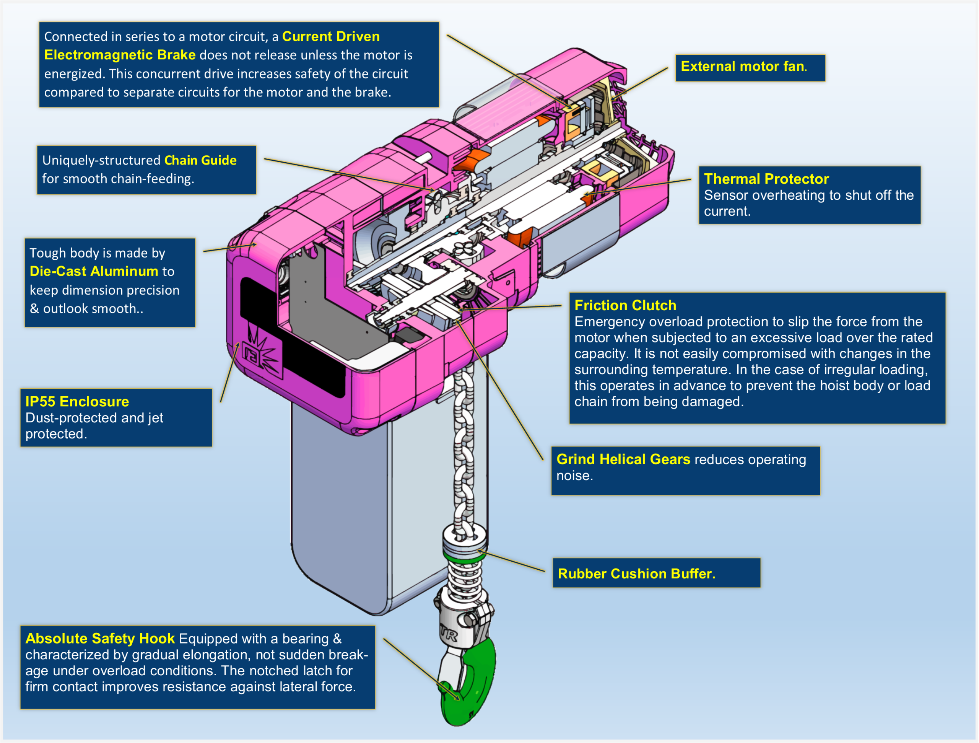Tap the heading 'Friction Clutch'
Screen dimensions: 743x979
[625, 306]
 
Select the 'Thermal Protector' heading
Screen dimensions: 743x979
[766, 179]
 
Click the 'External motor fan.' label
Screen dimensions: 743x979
[743, 67]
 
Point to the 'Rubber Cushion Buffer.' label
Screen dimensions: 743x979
[636, 574]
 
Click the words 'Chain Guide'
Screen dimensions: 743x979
[200, 160]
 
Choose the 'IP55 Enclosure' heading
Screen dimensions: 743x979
[77, 402]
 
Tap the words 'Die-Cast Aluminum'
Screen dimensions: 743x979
[94, 271]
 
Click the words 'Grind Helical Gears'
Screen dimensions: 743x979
[623, 459]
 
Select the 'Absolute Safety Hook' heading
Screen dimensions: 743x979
[100, 639]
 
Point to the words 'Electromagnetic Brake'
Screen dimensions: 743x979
[119, 55]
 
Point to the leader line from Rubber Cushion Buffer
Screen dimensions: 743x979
[513, 561]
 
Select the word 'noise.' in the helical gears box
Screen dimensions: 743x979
[574, 476]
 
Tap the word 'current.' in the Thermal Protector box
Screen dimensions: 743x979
[727, 212]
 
